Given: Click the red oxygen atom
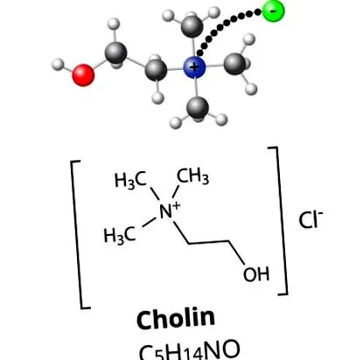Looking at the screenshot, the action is pyautogui.click(x=83, y=75).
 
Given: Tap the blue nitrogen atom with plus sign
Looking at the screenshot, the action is pyautogui.click(x=194, y=67).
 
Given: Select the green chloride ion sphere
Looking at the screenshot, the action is pyautogui.click(x=273, y=11).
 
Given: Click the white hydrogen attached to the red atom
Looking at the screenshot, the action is pyautogui.click(x=58, y=65).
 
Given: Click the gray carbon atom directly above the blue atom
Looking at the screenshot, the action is pyautogui.click(x=192, y=26).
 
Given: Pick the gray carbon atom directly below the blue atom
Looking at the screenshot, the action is pyautogui.click(x=198, y=108).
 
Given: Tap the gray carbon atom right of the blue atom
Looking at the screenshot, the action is pyautogui.click(x=235, y=64).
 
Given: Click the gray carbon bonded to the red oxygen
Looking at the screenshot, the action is pyautogui.click(x=116, y=52).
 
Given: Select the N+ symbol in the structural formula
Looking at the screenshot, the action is pyautogui.click(x=170, y=211).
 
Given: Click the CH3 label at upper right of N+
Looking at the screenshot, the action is pyautogui.click(x=193, y=176).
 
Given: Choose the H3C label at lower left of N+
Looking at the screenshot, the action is pyautogui.click(x=120, y=235).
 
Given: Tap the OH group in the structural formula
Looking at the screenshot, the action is pyautogui.click(x=256, y=273).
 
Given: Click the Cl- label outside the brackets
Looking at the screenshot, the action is pyautogui.click(x=311, y=219).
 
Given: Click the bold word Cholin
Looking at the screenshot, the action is pyautogui.click(x=176, y=319).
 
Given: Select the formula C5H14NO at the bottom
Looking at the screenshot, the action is pyautogui.click(x=190, y=350).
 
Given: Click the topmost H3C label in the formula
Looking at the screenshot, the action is pyautogui.click(x=130, y=180).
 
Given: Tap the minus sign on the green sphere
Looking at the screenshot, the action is pyautogui.click(x=274, y=10).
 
